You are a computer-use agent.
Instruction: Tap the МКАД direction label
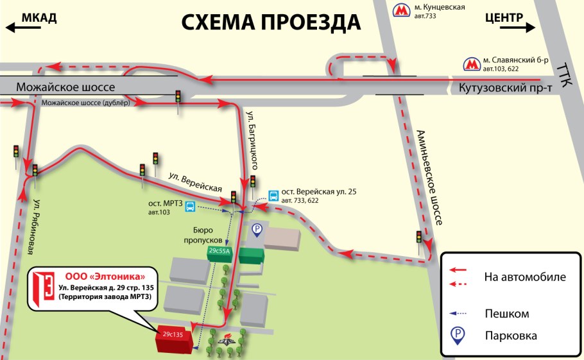coord(39,17)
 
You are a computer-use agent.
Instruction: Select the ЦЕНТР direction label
coord(504,17)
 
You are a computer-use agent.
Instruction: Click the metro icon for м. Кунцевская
coord(402,10)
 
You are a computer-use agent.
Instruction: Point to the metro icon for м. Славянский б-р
coord(472,64)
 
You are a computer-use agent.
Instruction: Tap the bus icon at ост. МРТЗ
coord(190,206)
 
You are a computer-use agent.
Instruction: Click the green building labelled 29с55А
coord(219,251)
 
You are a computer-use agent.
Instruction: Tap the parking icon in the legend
coord(459,335)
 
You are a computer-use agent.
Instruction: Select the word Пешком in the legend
coord(507,313)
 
